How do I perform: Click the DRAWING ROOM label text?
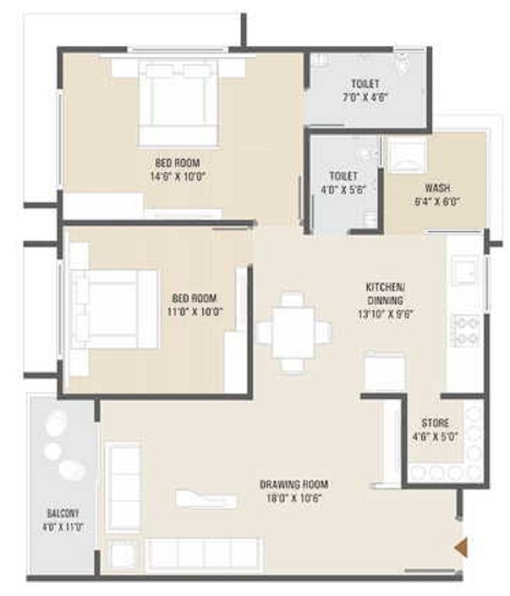[290, 485]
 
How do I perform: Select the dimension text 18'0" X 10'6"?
[290, 497]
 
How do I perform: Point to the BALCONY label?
[62, 514]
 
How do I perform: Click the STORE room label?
[435, 423]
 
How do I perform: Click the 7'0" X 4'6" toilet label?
[364, 98]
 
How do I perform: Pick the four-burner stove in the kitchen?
[466, 329]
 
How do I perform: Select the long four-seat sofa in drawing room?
[202, 553]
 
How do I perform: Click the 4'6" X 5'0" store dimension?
[435, 435]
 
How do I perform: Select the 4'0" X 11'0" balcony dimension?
[62, 526]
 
